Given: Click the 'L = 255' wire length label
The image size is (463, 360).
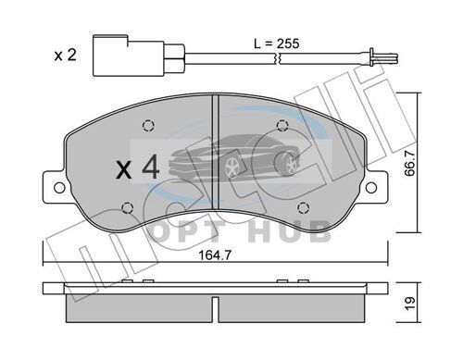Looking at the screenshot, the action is (x=277, y=43).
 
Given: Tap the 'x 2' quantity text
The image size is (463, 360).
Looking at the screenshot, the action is (x=65, y=56).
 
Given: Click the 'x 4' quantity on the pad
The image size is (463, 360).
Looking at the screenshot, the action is (x=138, y=168).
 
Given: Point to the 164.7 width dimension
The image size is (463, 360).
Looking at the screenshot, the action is (x=215, y=255).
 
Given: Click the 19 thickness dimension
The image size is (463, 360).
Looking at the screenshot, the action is (x=410, y=304).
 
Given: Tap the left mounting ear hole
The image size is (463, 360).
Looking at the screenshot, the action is (x=59, y=188).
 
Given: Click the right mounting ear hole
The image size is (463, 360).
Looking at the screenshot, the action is (x=371, y=187).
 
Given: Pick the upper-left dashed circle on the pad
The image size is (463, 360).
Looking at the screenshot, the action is (x=148, y=126).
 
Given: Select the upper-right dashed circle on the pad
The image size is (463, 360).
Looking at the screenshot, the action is (x=282, y=125).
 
